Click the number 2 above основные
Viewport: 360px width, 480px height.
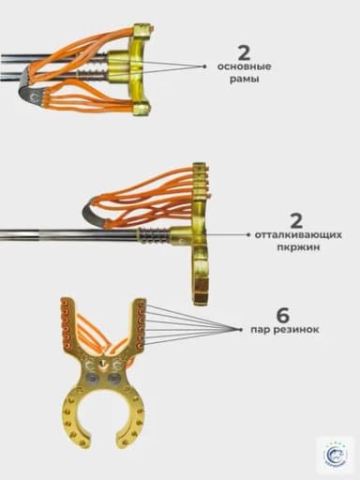click(x=244, y=53)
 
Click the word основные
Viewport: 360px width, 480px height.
click(x=244, y=67)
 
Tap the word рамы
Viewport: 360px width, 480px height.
click(x=244, y=80)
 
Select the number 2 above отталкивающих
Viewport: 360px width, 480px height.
click(x=296, y=221)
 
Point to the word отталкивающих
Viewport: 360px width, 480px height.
click(x=298, y=234)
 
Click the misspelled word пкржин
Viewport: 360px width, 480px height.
click(x=298, y=247)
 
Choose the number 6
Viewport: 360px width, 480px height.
click(x=283, y=316)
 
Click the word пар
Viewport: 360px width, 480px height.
click(x=260, y=330)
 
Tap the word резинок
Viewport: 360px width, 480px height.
click(x=296, y=330)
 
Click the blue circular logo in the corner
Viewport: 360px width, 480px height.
click(x=336, y=455)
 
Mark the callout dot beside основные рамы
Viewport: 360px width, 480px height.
click(x=204, y=67)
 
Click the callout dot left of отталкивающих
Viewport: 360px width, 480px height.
click(x=248, y=234)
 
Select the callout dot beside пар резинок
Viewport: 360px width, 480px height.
click(x=241, y=329)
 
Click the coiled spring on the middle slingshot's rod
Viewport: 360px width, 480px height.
click(x=155, y=235)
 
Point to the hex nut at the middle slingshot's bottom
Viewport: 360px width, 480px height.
click(x=200, y=293)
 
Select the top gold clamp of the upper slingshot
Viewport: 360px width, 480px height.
click(x=142, y=31)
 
